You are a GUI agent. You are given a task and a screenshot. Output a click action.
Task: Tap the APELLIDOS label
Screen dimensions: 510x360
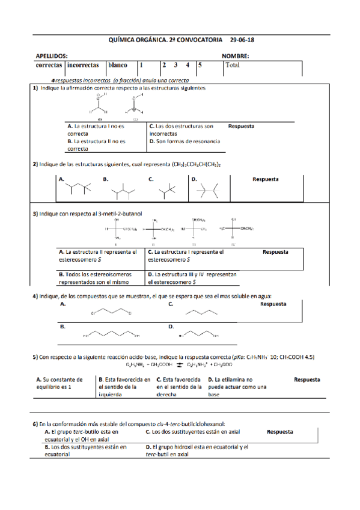(x=51, y=56)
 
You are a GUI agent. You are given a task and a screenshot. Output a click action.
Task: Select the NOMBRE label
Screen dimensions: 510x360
(x=235, y=56)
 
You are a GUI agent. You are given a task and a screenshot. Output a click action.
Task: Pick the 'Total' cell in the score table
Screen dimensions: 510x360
(x=232, y=65)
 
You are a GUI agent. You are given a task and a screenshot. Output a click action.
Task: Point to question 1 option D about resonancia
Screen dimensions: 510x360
(x=184, y=141)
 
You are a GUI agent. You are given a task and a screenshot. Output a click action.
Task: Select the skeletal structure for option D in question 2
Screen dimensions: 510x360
(x=207, y=190)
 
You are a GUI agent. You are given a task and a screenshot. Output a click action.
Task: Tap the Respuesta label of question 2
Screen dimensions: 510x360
(x=266, y=179)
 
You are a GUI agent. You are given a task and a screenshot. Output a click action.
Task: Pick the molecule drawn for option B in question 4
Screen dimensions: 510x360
(x=111, y=335)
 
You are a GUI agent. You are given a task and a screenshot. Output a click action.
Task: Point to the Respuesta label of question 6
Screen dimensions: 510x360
(x=280, y=432)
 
